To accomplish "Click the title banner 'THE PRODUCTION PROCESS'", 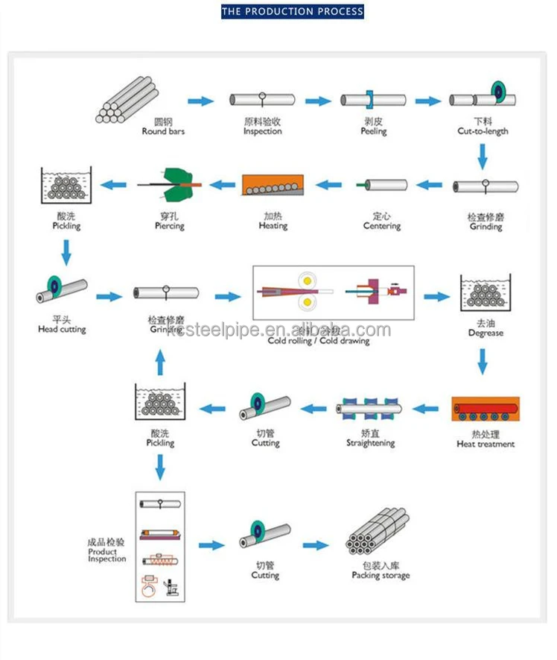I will click(x=293, y=11).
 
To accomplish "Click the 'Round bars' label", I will click(x=163, y=131).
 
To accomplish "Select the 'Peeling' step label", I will click(x=374, y=131).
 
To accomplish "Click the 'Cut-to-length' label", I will click(x=483, y=131).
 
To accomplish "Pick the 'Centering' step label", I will click(x=382, y=226).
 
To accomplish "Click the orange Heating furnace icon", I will click(x=273, y=185).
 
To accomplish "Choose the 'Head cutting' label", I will click(x=62, y=329).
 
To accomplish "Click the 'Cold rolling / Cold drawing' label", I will click(x=319, y=341).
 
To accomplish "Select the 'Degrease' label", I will click(x=486, y=333).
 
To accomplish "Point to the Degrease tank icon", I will click(x=485, y=295).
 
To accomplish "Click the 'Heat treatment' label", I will click(x=486, y=444).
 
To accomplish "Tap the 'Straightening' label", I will click(x=370, y=443).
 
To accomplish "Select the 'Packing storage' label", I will click(x=381, y=575).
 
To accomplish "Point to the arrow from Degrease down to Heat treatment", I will click(x=483, y=362).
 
